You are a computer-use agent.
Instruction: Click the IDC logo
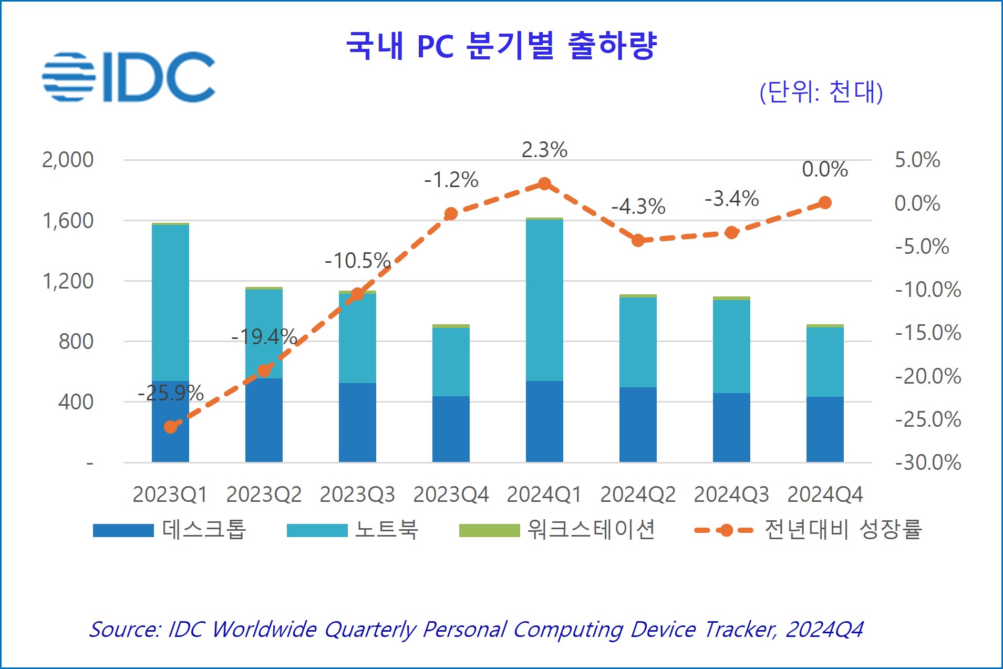click(x=129, y=77)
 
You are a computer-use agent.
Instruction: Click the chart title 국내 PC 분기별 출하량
click(x=501, y=45)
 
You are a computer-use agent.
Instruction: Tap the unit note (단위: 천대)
click(x=821, y=92)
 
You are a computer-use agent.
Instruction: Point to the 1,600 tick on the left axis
click(x=68, y=221)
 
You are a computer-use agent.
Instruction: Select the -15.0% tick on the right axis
click(x=928, y=333)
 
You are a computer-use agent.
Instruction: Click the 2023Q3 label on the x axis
click(x=357, y=495)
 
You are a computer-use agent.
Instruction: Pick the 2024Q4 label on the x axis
click(x=825, y=495)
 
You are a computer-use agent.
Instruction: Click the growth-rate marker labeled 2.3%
click(x=544, y=184)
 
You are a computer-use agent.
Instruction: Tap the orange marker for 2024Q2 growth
click(x=638, y=240)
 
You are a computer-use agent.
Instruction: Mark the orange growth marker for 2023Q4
click(x=451, y=213)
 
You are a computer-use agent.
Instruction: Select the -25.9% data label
click(x=170, y=393)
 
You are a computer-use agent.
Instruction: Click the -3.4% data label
click(x=731, y=199)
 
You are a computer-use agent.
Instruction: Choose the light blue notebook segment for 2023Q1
click(x=170, y=302)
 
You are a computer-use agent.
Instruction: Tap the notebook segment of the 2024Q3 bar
click(x=731, y=346)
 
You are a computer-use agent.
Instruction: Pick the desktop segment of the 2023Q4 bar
click(x=451, y=429)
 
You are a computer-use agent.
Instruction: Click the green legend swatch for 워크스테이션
click(x=489, y=530)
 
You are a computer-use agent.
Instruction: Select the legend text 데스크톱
click(x=204, y=530)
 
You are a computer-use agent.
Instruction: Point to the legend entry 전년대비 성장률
click(x=843, y=530)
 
